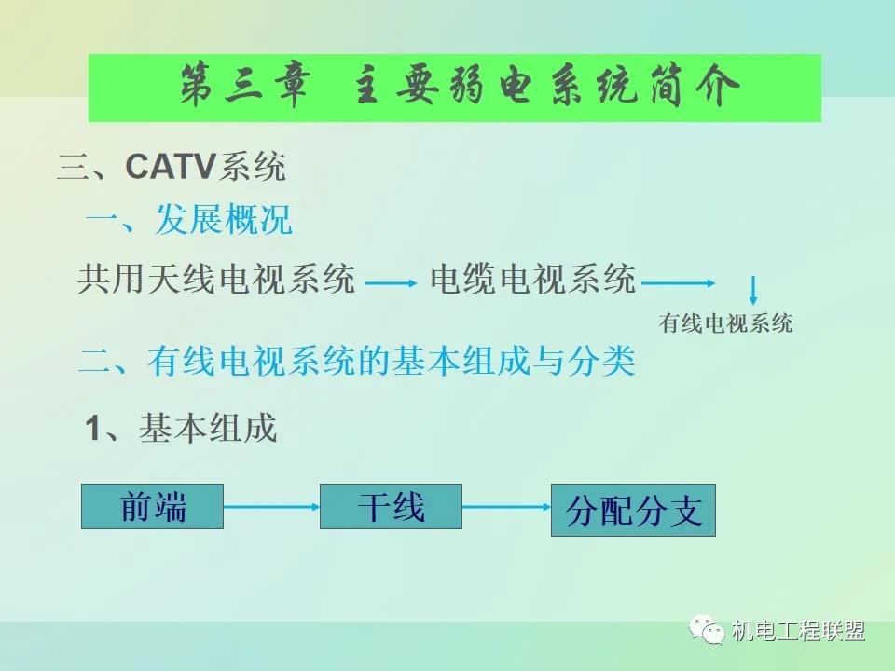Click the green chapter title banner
(x=455, y=88)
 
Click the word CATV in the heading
(x=170, y=167)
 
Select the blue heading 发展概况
(x=224, y=219)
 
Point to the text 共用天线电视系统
(x=216, y=279)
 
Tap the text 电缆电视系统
(x=533, y=279)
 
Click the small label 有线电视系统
(x=725, y=323)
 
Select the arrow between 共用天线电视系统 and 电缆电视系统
(x=392, y=283)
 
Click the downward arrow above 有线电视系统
(x=753, y=291)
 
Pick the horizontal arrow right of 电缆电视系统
(x=679, y=283)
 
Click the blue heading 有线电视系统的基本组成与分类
(x=391, y=361)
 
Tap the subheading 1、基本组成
(x=181, y=428)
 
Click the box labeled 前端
(x=152, y=507)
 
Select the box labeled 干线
(x=391, y=507)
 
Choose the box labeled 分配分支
(x=633, y=510)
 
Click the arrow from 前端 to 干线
(x=271, y=507)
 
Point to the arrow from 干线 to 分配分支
(x=507, y=507)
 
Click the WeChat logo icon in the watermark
(x=707, y=629)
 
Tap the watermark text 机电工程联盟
(x=798, y=631)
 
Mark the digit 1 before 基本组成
(x=92, y=428)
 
